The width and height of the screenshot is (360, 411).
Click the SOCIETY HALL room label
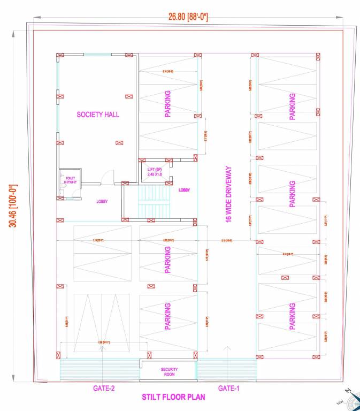pos(98,115)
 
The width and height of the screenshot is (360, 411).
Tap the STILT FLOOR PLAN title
pos(173,398)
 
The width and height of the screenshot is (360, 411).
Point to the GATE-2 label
pos(104,388)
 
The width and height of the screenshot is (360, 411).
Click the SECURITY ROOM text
pos(169,372)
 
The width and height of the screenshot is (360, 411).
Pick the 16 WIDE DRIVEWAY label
pos(228,194)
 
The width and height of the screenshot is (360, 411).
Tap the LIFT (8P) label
pos(154,170)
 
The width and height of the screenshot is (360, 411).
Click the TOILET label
pos(70,178)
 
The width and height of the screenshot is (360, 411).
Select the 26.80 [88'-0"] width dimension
pos(188,17)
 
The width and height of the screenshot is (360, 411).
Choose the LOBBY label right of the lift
pos(184,190)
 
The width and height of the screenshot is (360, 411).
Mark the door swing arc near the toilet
pos(109,176)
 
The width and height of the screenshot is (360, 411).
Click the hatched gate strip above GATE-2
pos(99,370)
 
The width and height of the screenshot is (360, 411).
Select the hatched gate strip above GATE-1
pos(226,370)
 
